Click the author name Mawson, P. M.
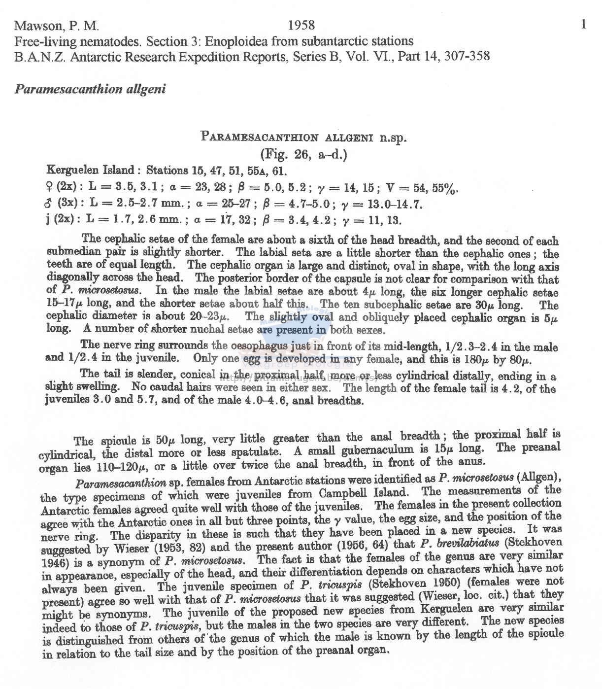click(x=56, y=25)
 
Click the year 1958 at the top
click(x=301, y=25)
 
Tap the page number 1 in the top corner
click(x=583, y=25)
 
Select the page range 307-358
click(x=467, y=56)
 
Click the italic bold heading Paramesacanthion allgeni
click(x=90, y=89)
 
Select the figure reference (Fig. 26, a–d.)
click(x=304, y=155)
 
